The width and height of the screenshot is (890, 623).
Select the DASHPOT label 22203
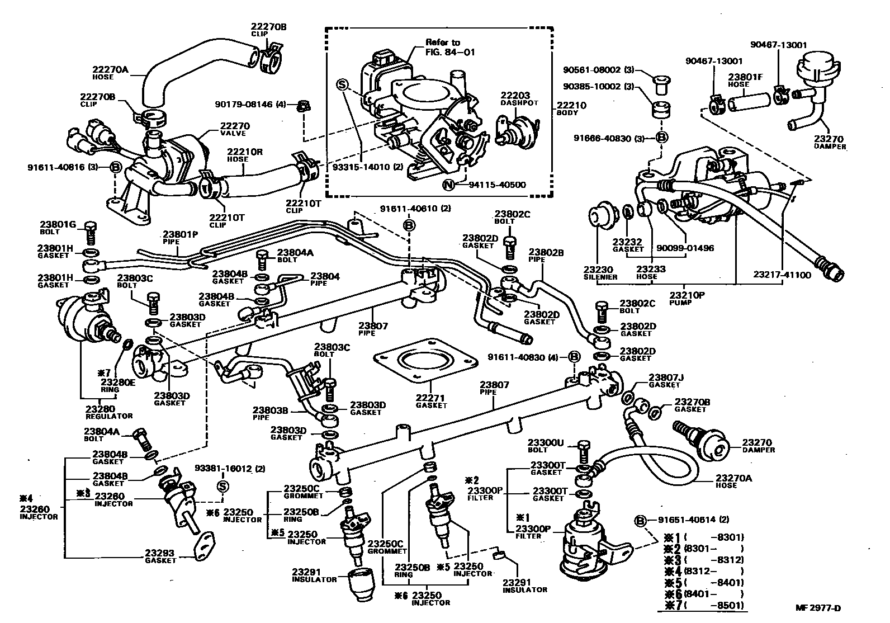pos(515,96)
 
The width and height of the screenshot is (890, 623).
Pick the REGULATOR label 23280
pos(101,409)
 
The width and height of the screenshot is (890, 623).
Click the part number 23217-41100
pos(782,275)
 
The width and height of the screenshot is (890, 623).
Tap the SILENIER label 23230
pos(600,269)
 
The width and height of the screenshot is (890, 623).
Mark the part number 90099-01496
pos(685,248)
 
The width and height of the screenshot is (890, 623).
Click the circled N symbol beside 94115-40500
pos(447,185)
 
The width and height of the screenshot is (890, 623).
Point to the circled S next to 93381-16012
pos(221,486)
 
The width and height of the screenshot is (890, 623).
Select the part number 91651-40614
pos(688,520)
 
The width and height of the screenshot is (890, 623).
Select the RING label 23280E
pos(118,383)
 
